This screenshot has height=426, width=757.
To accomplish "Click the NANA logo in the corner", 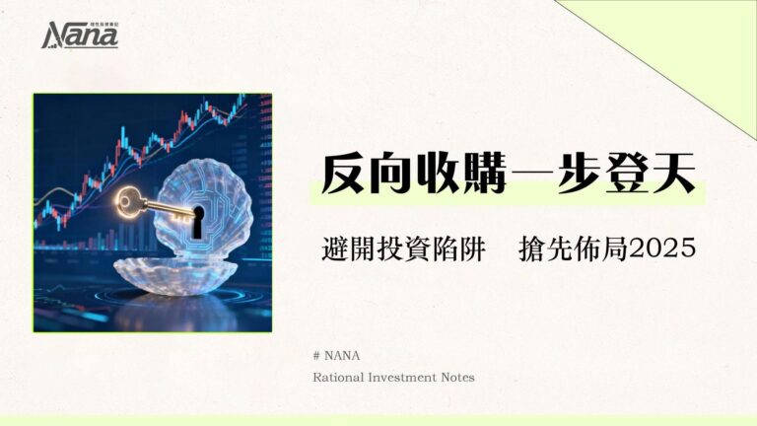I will (x=80, y=35).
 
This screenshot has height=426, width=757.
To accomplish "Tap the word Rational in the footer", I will (x=340, y=377).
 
